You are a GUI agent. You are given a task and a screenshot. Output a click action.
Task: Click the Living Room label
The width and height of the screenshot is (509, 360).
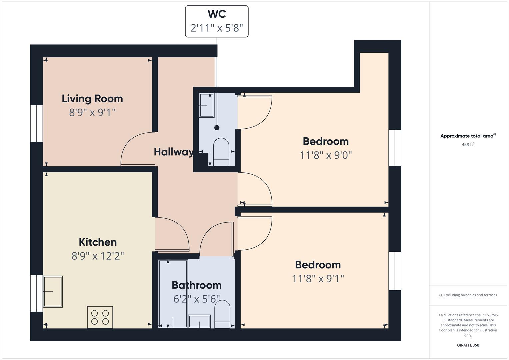pos(92,99)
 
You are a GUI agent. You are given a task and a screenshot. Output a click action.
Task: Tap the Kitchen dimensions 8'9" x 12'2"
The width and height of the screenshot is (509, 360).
pos(98,256)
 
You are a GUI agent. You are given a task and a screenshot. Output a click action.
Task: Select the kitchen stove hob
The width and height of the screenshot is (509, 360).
pos(100,317)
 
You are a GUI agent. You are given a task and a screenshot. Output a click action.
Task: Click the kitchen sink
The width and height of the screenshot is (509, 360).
pos(53,292)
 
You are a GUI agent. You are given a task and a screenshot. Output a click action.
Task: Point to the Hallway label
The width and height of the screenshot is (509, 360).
pos(173,152)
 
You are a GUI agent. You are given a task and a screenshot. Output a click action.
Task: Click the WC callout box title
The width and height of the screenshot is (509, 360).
pos(217,14)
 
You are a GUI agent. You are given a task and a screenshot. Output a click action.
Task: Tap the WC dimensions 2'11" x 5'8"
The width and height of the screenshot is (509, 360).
pos(217,28)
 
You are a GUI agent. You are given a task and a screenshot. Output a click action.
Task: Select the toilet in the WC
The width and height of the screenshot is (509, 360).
pos(221,152)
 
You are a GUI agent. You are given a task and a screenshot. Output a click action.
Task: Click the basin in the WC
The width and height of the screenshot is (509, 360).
pos(207,105)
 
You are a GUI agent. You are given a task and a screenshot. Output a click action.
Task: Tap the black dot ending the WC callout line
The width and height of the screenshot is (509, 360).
pos(217,128)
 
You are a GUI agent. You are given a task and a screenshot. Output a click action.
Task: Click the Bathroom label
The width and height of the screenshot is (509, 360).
pos(197,285)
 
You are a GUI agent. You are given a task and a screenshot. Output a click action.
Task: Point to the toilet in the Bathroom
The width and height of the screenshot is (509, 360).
pos(222,314)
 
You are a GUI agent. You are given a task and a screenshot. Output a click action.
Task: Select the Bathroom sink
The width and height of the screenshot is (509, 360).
pos(199,321)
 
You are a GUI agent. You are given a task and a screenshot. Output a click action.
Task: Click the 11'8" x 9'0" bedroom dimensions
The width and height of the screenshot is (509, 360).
pos(326,155)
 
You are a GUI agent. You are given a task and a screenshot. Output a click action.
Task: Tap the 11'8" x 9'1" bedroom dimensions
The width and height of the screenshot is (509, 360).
pos(318,279)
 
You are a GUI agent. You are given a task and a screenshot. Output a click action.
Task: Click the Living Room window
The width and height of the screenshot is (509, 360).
pos(37,123)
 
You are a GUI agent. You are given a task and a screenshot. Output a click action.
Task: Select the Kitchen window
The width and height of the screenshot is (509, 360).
pos(37,293)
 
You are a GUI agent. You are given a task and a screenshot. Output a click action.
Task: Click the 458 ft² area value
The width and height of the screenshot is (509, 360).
pos(468,144)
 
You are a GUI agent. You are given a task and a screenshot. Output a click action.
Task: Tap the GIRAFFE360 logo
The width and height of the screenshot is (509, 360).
pos(468,345)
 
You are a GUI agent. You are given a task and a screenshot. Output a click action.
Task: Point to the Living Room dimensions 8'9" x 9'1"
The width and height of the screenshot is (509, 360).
pos(92,113)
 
